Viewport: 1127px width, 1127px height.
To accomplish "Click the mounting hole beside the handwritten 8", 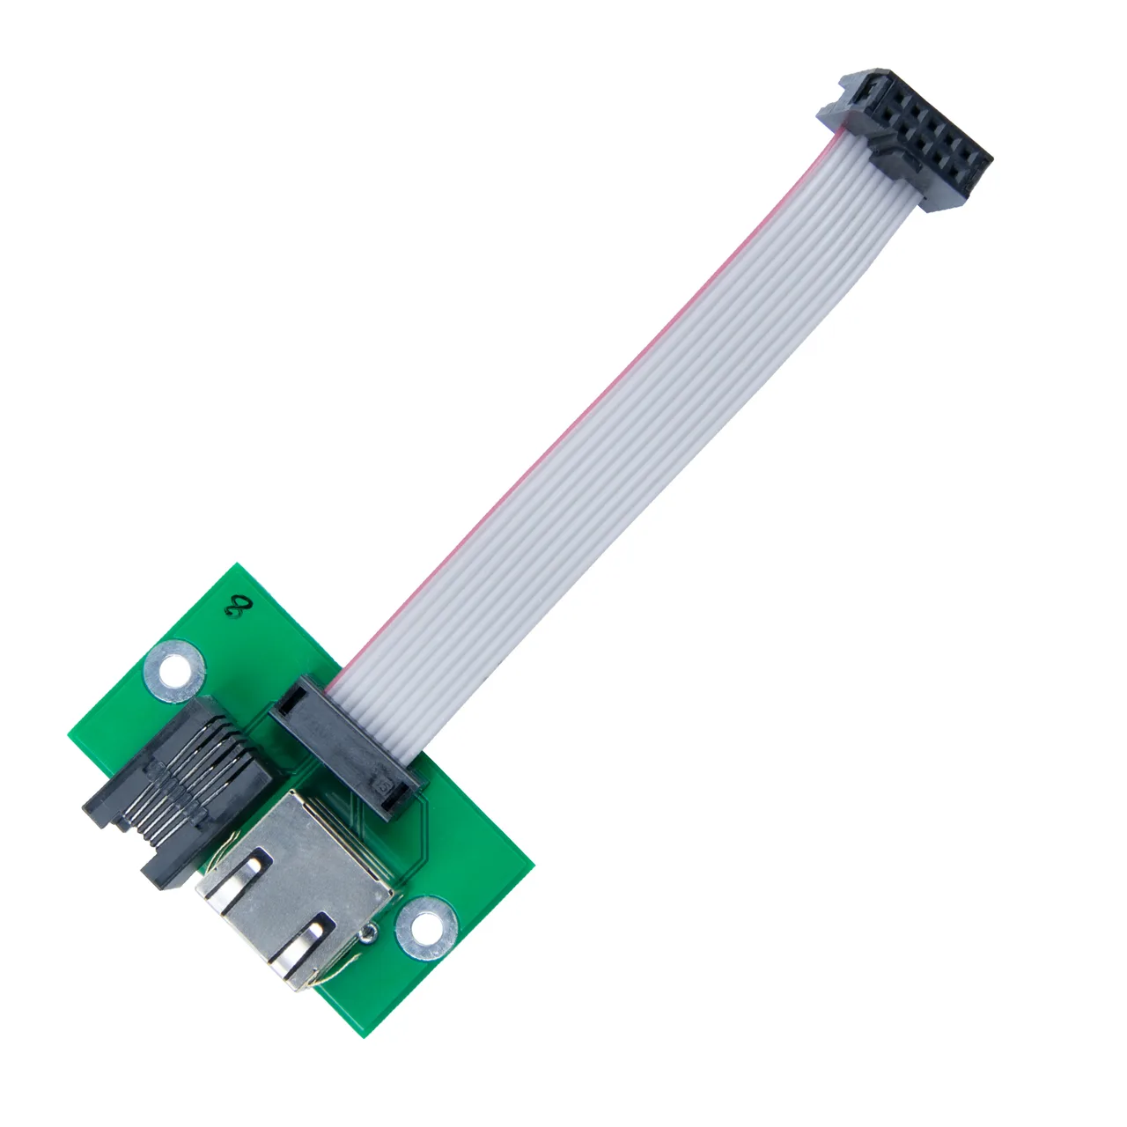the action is click(174, 671).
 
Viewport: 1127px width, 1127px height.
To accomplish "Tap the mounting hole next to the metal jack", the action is click(426, 928).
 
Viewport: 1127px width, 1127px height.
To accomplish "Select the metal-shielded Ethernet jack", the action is click(294, 888).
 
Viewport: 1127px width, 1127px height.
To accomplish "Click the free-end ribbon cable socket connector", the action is click(905, 140).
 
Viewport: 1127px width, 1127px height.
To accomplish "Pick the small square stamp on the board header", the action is click(385, 786).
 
